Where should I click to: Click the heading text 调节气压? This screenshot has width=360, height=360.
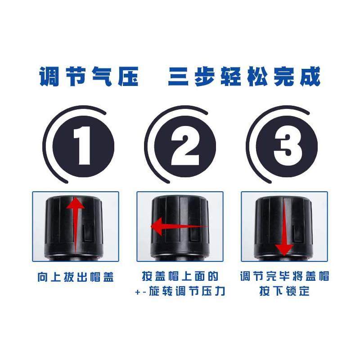(89, 77)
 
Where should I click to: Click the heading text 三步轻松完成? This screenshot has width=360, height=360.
(244, 77)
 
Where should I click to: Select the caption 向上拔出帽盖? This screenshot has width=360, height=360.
(76, 277)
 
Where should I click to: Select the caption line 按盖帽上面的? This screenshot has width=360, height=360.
(180, 276)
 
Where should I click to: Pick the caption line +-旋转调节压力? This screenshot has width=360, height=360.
(180, 291)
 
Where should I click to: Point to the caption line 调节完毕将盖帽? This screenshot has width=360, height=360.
(284, 276)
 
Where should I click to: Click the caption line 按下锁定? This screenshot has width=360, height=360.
(284, 291)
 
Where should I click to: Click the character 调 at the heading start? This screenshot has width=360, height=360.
(49, 77)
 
